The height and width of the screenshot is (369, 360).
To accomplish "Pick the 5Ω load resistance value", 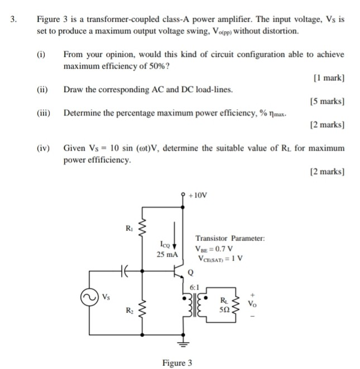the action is [225, 309].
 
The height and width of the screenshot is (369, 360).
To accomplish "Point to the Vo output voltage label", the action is [255, 304].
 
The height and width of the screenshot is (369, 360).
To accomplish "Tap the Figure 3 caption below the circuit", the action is [177, 363].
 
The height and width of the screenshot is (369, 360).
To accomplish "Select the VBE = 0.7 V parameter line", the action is [214, 249].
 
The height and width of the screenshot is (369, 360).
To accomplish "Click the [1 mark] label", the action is [329, 78].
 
